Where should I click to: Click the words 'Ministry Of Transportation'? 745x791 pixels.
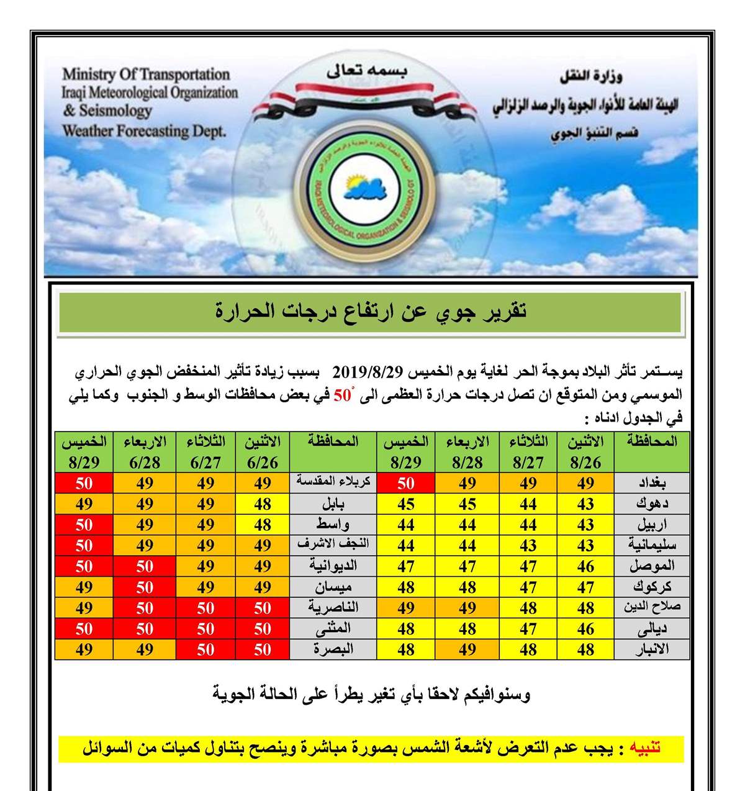pyautogui.click(x=146, y=75)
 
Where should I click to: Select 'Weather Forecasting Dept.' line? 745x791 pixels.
pyautogui.click(x=144, y=131)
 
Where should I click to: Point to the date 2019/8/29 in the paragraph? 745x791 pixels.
pyautogui.click(x=368, y=373)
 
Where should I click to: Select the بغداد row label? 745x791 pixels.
pyautogui.click(x=652, y=483)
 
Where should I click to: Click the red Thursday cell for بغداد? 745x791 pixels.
pyautogui.click(x=406, y=483)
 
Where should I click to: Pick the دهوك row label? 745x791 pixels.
pyautogui.click(x=652, y=504)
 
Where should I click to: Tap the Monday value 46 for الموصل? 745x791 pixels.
pyautogui.click(x=585, y=566)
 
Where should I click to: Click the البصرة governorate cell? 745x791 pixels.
pyautogui.click(x=333, y=649)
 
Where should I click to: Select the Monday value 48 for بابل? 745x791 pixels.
pyautogui.click(x=263, y=504)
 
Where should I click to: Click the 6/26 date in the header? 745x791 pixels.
pyautogui.click(x=263, y=463)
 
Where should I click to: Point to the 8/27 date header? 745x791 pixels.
pyautogui.click(x=528, y=463)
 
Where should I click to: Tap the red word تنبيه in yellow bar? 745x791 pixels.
pyautogui.click(x=646, y=748)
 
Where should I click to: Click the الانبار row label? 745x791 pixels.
pyautogui.click(x=652, y=649)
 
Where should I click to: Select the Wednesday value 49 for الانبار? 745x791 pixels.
pyautogui.click(x=467, y=649)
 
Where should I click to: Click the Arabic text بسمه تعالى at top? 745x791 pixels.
pyautogui.click(x=367, y=71)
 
